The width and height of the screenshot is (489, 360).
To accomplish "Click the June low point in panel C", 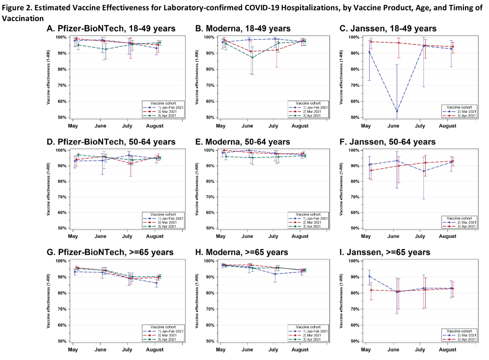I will coord(396,111).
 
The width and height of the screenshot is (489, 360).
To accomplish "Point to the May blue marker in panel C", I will coord(369,52).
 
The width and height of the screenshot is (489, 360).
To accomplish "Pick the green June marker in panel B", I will coord(252,57).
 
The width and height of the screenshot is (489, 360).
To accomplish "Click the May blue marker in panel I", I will coord(368,277).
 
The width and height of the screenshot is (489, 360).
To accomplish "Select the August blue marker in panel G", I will coord(156,283).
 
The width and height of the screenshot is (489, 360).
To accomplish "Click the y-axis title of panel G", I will coord(49,300).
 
